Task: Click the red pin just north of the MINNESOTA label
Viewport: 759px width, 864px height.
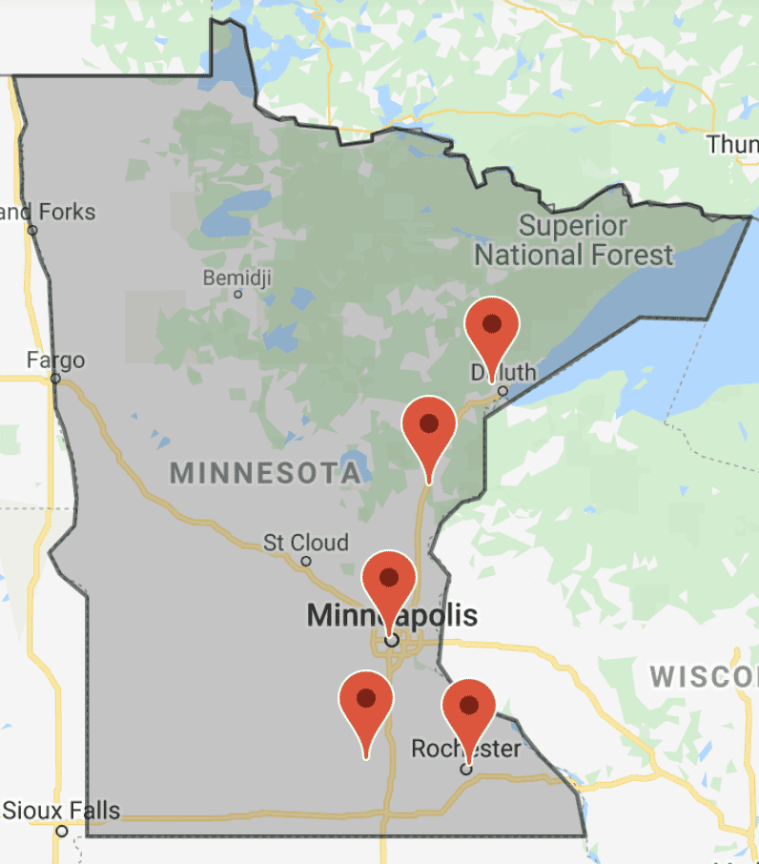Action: tap(429, 426)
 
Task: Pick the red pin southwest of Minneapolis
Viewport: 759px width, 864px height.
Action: tap(366, 701)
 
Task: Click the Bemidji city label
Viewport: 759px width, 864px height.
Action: tap(237, 278)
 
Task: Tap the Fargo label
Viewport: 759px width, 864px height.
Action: tap(55, 360)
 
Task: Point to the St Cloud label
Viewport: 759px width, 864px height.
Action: tap(306, 543)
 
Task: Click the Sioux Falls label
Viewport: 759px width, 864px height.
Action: tap(62, 812)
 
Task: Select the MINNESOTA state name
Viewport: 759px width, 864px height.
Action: tap(265, 472)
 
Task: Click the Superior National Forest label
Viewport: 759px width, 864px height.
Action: tap(573, 241)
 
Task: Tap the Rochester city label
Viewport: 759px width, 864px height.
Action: tap(466, 749)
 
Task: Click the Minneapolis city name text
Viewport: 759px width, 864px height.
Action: tap(392, 616)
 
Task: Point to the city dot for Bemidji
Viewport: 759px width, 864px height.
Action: tap(238, 295)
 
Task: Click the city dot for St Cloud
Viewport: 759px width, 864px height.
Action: tap(306, 561)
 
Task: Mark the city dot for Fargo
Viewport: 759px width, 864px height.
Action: tap(55, 379)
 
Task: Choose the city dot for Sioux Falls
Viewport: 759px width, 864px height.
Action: tap(62, 831)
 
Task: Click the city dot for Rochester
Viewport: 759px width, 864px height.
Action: tap(466, 769)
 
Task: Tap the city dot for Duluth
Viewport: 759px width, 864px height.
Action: tap(503, 390)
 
